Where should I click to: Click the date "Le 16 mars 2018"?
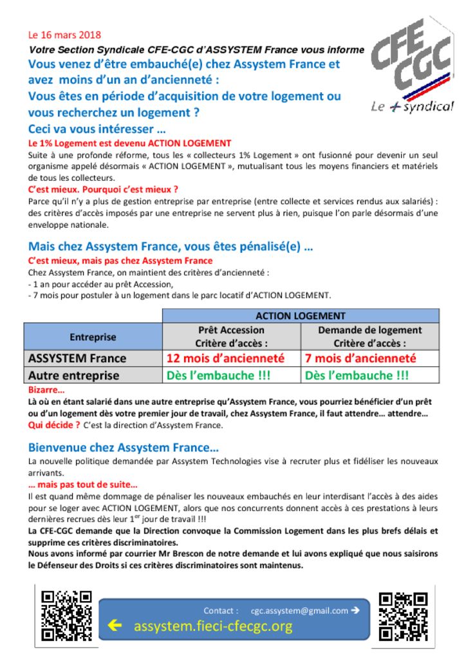click(x=64, y=35)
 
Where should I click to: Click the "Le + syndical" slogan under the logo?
click(x=412, y=107)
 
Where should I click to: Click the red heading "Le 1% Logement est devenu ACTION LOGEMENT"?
click(x=129, y=143)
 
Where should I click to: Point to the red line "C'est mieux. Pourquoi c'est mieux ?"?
click(x=103, y=189)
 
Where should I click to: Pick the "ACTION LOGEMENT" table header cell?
click(x=301, y=316)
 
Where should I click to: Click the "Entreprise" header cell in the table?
click(x=93, y=337)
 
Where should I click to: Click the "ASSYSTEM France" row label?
click(x=77, y=358)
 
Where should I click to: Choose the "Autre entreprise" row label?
click(x=74, y=375)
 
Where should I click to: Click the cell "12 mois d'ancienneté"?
click(x=225, y=358)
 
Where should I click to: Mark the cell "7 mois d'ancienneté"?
click(x=360, y=358)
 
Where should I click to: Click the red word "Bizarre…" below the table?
click(x=46, y=390)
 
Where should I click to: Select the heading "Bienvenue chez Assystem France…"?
click(x=124, y=447)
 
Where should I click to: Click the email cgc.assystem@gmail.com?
click(x=299, y=611)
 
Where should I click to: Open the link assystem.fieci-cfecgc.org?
click(x=213, y=626)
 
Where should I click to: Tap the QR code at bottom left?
click(x=66, y=615)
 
